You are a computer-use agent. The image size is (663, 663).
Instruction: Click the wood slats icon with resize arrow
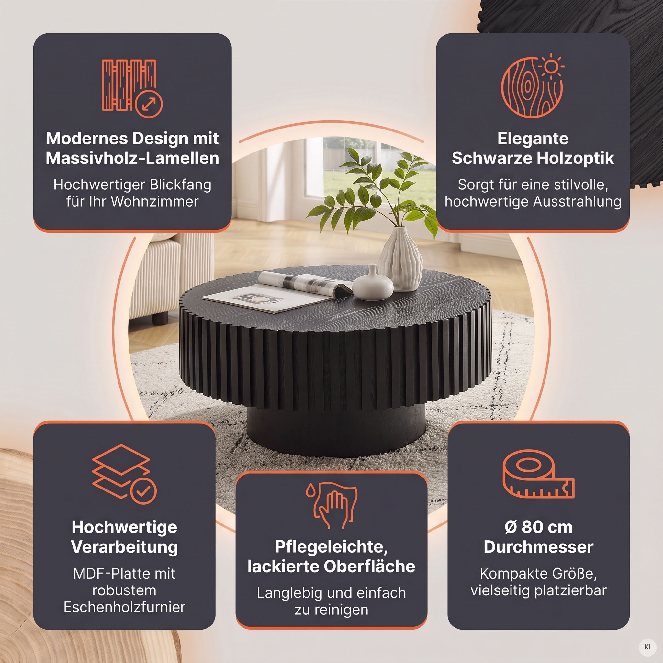coord(132,88)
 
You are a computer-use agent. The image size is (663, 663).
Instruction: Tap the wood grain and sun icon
coord(532,86)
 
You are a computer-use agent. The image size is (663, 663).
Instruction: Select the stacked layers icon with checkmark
coord(124,474)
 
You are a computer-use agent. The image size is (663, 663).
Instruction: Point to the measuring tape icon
coord(538,474)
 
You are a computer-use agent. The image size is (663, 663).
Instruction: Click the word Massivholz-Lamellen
coord(132,158)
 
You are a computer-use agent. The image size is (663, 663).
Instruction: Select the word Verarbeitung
coord(125,547)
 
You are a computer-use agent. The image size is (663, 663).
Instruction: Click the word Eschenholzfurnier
coord(124,607)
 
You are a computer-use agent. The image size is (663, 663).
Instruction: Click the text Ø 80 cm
coord(538,527)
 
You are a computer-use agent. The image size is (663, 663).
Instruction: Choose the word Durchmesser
coord(538,547)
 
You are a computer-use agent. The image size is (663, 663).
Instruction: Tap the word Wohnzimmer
coord(155,201)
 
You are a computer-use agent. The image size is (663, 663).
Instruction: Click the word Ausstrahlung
coord(577,201)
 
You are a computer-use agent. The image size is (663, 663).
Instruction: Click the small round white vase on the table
coord(373,283)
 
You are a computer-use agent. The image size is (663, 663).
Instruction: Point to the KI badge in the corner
coord(647,647)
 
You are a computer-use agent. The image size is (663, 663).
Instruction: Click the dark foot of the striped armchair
coord(160,319)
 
